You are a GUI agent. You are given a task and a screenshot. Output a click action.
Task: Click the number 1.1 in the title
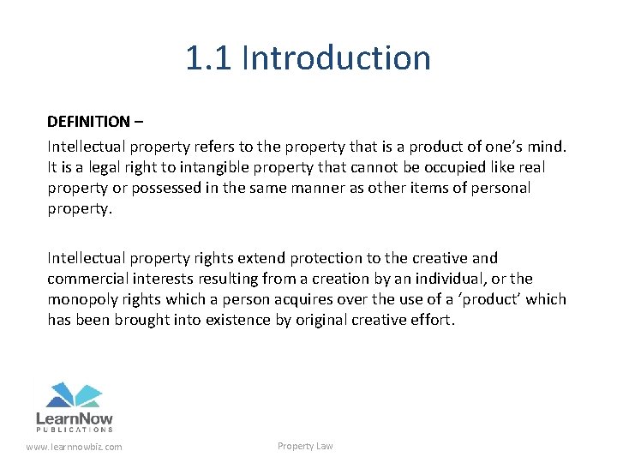tap(209, 58)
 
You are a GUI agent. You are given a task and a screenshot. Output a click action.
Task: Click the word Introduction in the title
tap(337, 58)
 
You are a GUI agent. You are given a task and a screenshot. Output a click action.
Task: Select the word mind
tap(548, 146)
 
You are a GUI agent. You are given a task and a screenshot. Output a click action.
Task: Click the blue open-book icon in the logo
tap(74, 395)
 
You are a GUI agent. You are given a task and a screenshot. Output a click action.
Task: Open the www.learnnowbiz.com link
tap(75, 447)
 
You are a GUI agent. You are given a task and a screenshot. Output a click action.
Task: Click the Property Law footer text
tap(305, 446)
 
